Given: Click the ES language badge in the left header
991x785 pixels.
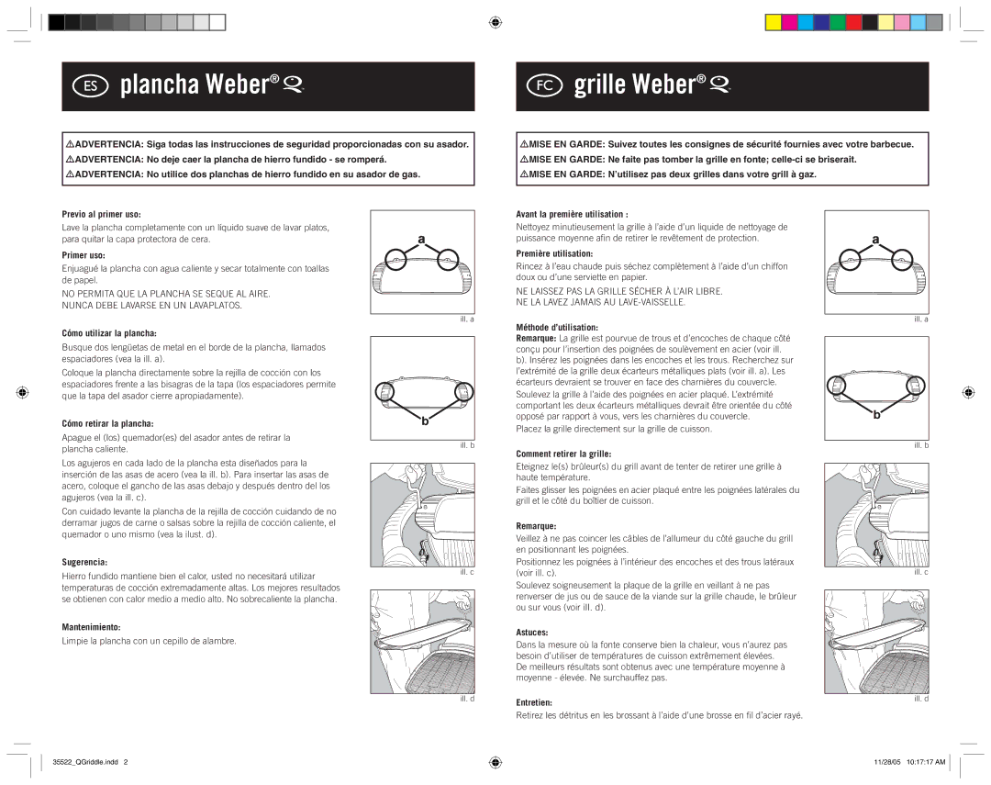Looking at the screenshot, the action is (x=90, y=85).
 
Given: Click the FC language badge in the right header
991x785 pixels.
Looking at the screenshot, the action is (x=544, y=85).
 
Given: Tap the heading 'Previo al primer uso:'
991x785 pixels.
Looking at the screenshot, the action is (x=101, y=215).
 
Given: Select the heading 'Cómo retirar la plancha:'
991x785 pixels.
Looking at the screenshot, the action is (x=107, y=424).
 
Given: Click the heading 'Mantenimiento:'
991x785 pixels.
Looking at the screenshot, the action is (x=91, y=627).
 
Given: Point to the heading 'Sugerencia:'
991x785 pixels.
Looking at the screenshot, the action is (x=84, y=562).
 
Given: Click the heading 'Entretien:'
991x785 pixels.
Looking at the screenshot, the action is (x=534, y=702).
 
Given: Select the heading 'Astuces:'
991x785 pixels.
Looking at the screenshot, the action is (x=532, y=633).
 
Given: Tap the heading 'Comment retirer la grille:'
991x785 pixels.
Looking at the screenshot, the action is (x=563, y=454).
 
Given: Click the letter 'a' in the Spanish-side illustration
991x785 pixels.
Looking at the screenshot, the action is (x=421, y=239).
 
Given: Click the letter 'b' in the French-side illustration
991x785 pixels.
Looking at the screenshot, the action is (x=876, y=415).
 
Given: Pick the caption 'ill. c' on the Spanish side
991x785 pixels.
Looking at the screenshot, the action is (x=467, y=572).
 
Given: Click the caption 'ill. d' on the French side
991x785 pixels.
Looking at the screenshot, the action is (x=921, y=699).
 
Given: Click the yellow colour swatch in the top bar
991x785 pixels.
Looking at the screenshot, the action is (x=773, y=22).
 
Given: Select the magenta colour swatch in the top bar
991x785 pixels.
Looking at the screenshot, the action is (x=789, y=22).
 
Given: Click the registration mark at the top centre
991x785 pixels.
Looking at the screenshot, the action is (x=495, y=23).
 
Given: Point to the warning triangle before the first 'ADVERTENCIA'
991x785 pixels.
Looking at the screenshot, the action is (x=70, y=144).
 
